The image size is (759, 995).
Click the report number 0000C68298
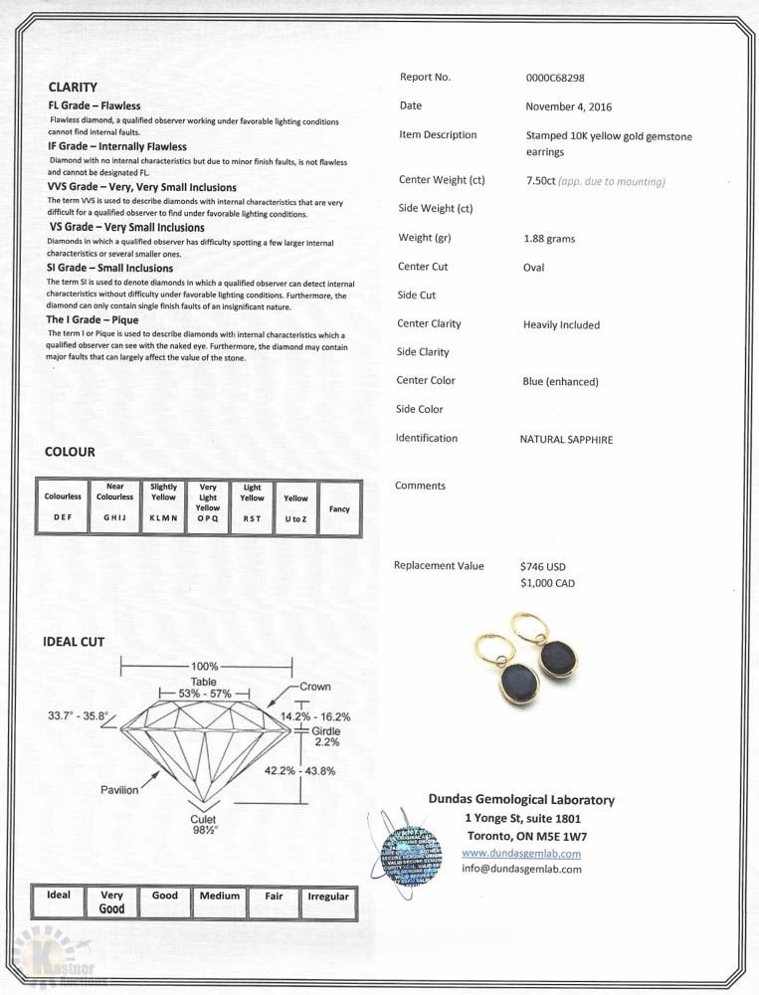tap(555, 78)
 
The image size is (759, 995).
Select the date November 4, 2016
tap(568, 106)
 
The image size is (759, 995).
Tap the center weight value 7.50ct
tap(541, 181)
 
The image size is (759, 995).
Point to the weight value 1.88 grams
tap(549, 239)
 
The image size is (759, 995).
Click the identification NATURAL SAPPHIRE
tap(566, 439)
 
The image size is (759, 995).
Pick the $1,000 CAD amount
tap(547, 583)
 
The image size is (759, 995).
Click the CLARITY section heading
tap(73, 88)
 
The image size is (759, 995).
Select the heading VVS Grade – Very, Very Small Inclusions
tap(142, 187)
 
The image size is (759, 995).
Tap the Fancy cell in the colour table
tap(339, 508)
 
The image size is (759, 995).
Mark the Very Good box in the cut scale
tap(111, 901)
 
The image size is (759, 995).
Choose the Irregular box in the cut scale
tap(328, 896)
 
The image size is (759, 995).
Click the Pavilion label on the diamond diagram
tap(119, 789)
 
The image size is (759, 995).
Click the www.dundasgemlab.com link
tap(521, 854)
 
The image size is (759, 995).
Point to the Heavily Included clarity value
tap(561, 325)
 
